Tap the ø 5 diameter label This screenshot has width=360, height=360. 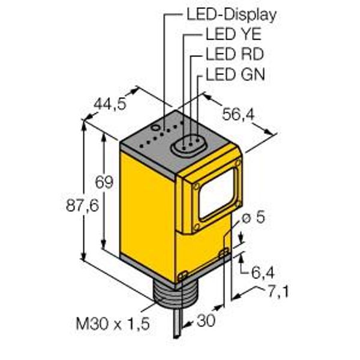point(251,218)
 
